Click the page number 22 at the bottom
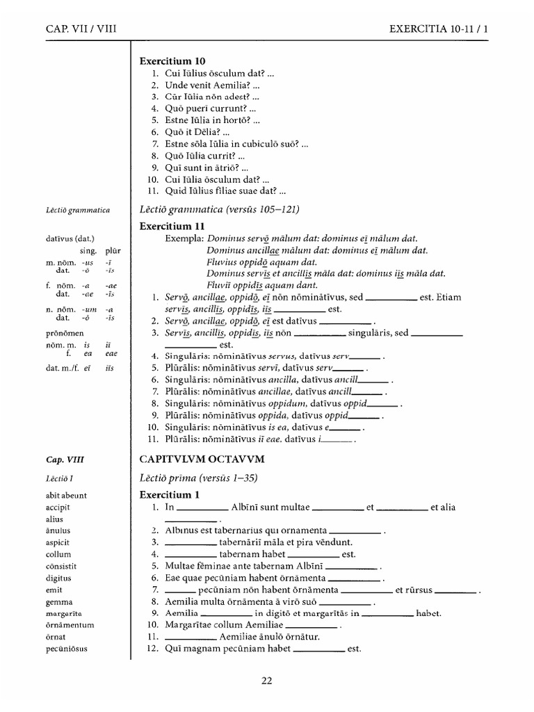coord(266,681)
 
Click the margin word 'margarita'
coord(65,613)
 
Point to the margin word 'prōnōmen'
coord(65,333)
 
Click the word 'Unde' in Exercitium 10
coord(177,85)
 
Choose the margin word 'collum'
coord(59,554)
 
